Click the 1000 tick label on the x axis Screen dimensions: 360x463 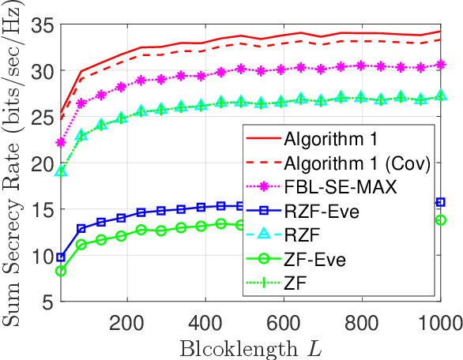click(440, 322)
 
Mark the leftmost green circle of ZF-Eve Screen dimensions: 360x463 click(62, 271)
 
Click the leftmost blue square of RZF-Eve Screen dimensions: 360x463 click(62, 257)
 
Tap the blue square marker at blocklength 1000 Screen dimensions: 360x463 click(441, 202)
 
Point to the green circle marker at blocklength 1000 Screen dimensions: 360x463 click(441, 219)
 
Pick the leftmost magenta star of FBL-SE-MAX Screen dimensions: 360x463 click(62, 143)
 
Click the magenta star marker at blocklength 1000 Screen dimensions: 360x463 click(441, 65)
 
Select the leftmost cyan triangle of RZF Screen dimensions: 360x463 click(62, 171)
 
